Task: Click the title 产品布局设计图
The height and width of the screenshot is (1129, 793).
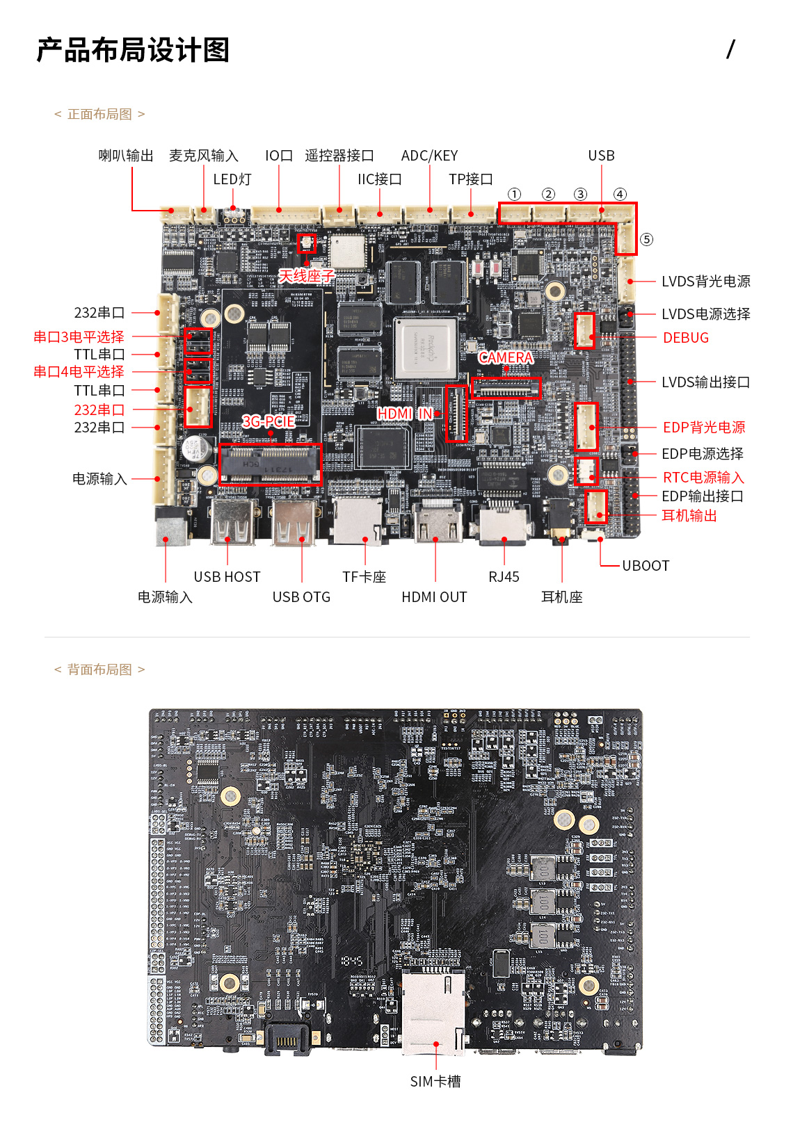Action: (133, 50)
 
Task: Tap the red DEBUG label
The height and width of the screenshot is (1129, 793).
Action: (685, 338)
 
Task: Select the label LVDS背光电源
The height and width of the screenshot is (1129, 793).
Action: (705, 282)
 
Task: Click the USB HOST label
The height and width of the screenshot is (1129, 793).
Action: (227, 577)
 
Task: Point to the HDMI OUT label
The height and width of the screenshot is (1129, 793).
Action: (434, 597)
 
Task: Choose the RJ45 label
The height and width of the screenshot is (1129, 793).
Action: (504, 577)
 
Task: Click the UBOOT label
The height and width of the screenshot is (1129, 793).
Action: (645, 566)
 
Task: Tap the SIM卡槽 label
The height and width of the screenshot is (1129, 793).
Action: (435, 1082)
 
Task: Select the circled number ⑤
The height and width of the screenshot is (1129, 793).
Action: (647, 240)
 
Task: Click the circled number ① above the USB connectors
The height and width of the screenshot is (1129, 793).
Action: (515, 195)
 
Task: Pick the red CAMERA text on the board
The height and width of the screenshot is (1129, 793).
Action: (506, 357)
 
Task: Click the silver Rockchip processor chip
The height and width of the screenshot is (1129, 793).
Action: (425, 349)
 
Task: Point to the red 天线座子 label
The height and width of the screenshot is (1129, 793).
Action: (307, 276)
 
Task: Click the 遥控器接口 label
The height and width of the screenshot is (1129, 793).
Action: (339, 156)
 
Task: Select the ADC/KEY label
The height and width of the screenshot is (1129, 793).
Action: (429, 156)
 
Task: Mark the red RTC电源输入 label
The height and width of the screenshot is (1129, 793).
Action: (703, 478)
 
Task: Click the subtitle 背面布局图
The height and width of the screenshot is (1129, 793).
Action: (99, 669)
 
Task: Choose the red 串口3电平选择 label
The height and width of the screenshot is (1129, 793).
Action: (79, 337)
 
